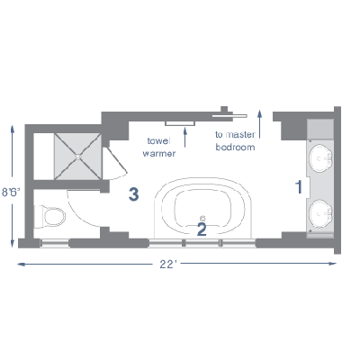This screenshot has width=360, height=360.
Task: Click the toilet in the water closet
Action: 49,217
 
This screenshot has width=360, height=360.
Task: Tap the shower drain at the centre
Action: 78,157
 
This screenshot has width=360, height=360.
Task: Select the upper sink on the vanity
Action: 321,158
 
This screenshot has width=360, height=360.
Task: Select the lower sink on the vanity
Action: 321,214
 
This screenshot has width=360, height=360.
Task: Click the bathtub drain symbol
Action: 202,218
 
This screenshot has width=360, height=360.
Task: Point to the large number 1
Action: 299,187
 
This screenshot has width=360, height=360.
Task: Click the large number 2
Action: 202,229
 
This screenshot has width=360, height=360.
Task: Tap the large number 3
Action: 133,193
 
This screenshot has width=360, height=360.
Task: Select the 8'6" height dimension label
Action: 11,192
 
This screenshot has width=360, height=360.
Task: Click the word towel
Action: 158,140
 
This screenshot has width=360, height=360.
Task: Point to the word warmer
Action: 159,154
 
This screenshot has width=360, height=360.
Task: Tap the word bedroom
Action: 235,147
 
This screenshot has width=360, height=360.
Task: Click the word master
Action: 240,135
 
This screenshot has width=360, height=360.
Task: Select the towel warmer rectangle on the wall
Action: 180,123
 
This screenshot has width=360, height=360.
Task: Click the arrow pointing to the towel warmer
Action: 185,137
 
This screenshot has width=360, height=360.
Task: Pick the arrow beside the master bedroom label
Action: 259,124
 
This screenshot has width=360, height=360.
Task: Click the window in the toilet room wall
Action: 55,243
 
